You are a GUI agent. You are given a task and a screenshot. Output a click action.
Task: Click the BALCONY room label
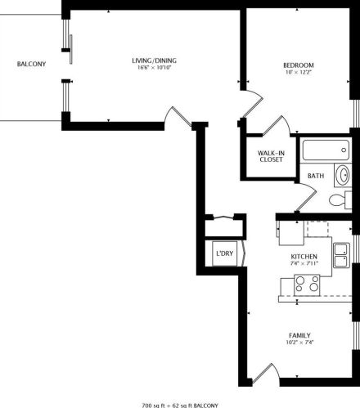(31, 64)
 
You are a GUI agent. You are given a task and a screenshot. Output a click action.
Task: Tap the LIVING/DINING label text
(155, 61)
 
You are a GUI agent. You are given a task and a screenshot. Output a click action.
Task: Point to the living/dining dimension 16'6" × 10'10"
(155, 68)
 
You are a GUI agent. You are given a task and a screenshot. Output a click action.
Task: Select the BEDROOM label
(299, 65)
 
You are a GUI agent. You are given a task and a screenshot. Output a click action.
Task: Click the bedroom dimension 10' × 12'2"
(299, 72)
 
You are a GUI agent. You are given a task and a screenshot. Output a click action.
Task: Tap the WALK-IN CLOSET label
(271, 155)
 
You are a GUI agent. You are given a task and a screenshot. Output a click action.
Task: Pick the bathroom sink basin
(342, 176)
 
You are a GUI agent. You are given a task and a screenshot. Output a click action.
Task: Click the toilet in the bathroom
(335, 201)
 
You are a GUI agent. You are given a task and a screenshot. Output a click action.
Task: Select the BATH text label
(315, 176)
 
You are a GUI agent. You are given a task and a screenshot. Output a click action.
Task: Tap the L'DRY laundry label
(224, 254)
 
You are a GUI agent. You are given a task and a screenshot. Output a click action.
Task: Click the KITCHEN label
(304, 256)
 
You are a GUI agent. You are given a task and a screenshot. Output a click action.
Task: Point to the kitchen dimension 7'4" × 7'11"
(304, 263)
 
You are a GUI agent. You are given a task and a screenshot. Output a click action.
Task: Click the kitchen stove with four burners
(307, 284)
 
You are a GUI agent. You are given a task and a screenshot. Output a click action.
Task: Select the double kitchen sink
(343, 253)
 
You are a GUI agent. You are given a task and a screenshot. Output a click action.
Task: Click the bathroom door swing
(304, 196)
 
